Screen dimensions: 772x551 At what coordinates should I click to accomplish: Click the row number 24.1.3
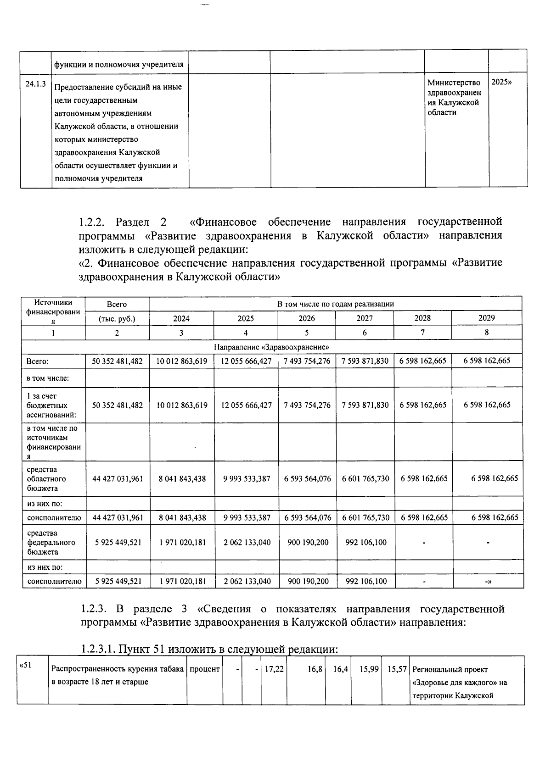35,83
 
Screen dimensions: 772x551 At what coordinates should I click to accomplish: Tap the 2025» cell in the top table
501,83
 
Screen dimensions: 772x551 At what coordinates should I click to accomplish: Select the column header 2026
307,318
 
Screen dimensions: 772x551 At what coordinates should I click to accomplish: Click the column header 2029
487,318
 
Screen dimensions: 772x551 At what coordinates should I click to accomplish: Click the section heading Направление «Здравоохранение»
271,347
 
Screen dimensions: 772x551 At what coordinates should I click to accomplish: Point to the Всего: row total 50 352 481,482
118,361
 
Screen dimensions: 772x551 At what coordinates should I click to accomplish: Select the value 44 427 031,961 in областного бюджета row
118,478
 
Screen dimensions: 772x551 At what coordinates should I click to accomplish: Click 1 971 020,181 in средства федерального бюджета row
182,542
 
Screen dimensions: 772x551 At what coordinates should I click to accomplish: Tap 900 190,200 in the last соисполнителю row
308,581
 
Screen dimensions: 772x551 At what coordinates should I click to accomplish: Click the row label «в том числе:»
48,378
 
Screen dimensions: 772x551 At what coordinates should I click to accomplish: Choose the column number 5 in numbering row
307,333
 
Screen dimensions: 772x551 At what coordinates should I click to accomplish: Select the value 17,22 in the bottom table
274,669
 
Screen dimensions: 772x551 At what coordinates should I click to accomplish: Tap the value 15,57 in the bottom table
397,669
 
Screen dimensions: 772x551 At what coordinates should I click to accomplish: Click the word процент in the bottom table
205,669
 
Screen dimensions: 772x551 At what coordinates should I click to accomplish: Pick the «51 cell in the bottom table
25,665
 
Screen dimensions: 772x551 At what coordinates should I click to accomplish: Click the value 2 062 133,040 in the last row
247,581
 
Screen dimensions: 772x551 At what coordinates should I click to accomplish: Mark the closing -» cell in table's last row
488,581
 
